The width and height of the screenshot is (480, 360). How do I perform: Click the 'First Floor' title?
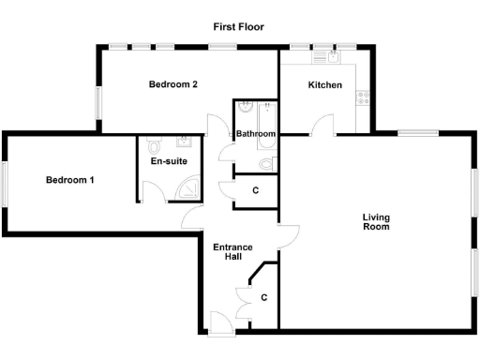239,27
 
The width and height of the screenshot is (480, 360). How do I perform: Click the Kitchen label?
325,85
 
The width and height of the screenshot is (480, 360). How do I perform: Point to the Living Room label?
376,222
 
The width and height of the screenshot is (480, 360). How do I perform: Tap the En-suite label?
169,161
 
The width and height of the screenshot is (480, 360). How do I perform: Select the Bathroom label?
255,134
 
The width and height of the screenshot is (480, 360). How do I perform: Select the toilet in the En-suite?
155,146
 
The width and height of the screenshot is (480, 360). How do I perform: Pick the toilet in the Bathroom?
266,164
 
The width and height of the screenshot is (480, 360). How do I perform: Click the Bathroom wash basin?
246,106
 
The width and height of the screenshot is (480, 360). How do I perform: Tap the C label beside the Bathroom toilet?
256,190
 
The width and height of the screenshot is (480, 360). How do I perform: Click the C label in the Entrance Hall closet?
264,298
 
